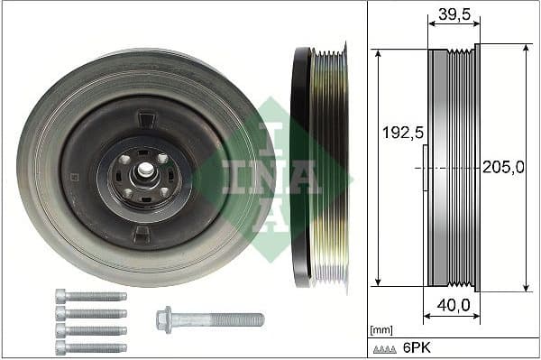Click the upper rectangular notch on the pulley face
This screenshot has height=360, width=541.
[143, 116]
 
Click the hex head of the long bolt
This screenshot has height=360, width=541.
[164, 318]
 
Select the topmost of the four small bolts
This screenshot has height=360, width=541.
[89, 296]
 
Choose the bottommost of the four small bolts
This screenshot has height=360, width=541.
[89, 347]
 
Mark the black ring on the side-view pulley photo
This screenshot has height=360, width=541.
[300, 167]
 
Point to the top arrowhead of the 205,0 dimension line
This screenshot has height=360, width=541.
[525, 49]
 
